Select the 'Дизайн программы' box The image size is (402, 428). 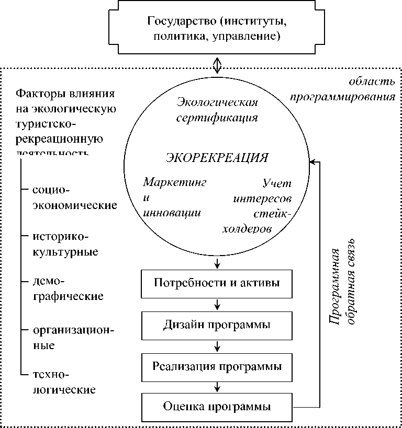point(217,325)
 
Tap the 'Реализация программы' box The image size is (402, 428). point(217,366)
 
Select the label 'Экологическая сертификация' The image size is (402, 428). point(217,109)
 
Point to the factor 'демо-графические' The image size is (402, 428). point(68,289)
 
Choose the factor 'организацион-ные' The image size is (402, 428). point(73,338)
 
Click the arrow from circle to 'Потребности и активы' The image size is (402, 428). point(217,261)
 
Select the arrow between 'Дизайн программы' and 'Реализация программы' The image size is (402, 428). point(217,345)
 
